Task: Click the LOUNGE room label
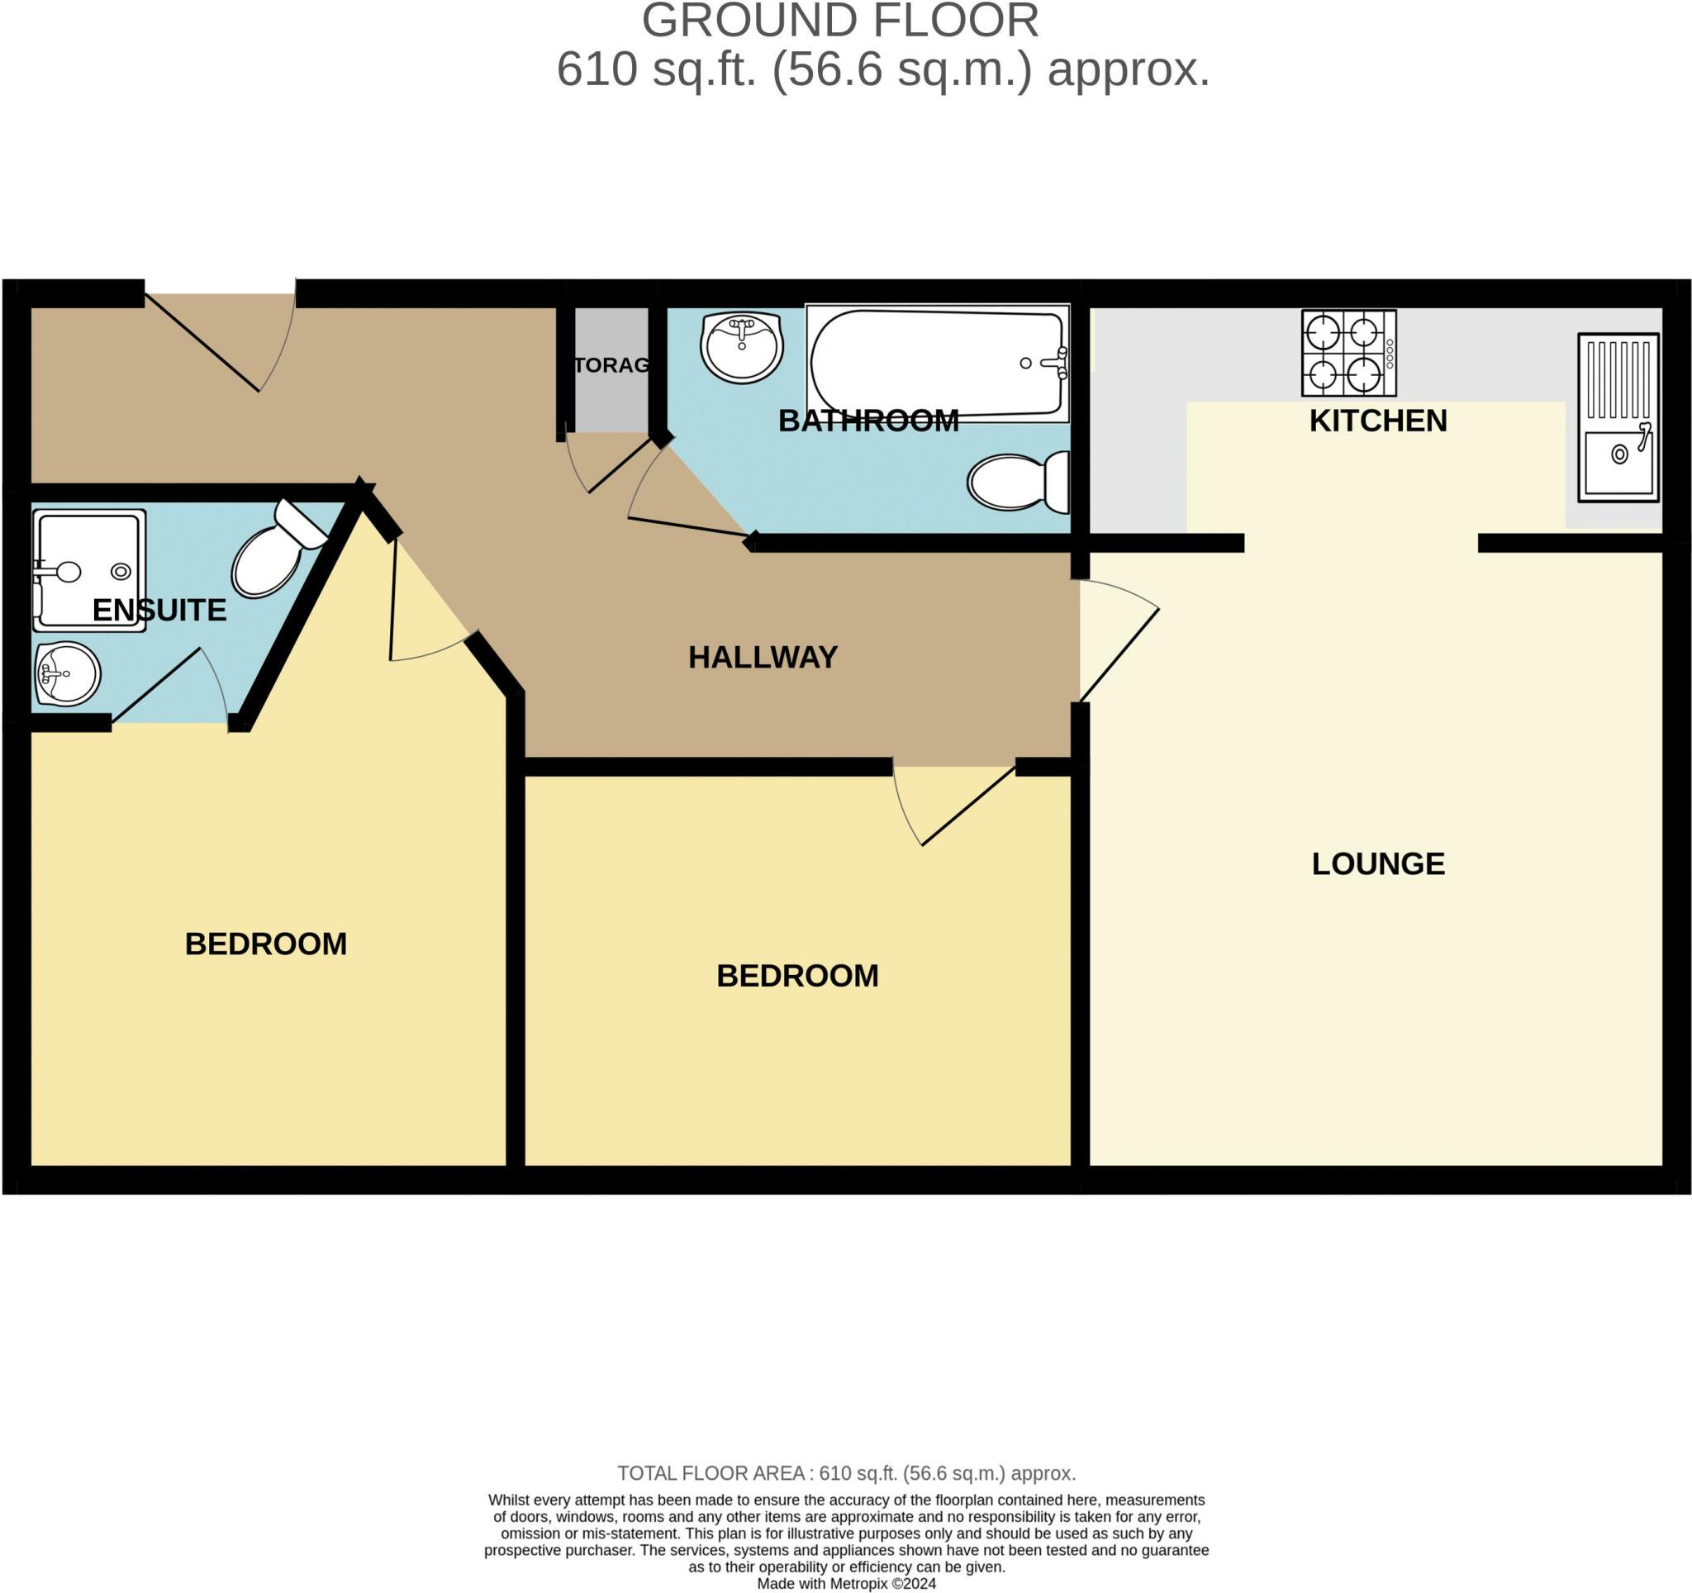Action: [x=1378, y=863]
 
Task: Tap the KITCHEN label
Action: [x=1378, y=421]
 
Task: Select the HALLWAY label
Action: [x=763, y=657]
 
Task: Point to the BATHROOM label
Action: [x=868, y=421]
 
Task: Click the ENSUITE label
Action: [x=159, y=610]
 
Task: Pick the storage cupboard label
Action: [x=611, y=365]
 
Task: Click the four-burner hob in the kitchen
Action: [x=1349, y=353]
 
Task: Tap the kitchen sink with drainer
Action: [x=1618, y=417]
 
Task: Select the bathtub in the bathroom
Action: [x=937, y=364]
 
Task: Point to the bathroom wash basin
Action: [x=741, y=347]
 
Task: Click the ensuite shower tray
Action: [x=89, y=570]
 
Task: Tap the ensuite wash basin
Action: [x=67, y=674]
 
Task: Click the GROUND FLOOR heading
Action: [x=840, y=21]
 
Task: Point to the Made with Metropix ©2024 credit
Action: [x=846, y=1584]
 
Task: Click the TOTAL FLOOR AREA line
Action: [x=846, y=1473]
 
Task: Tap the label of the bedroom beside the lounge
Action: [x=797, y=975]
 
